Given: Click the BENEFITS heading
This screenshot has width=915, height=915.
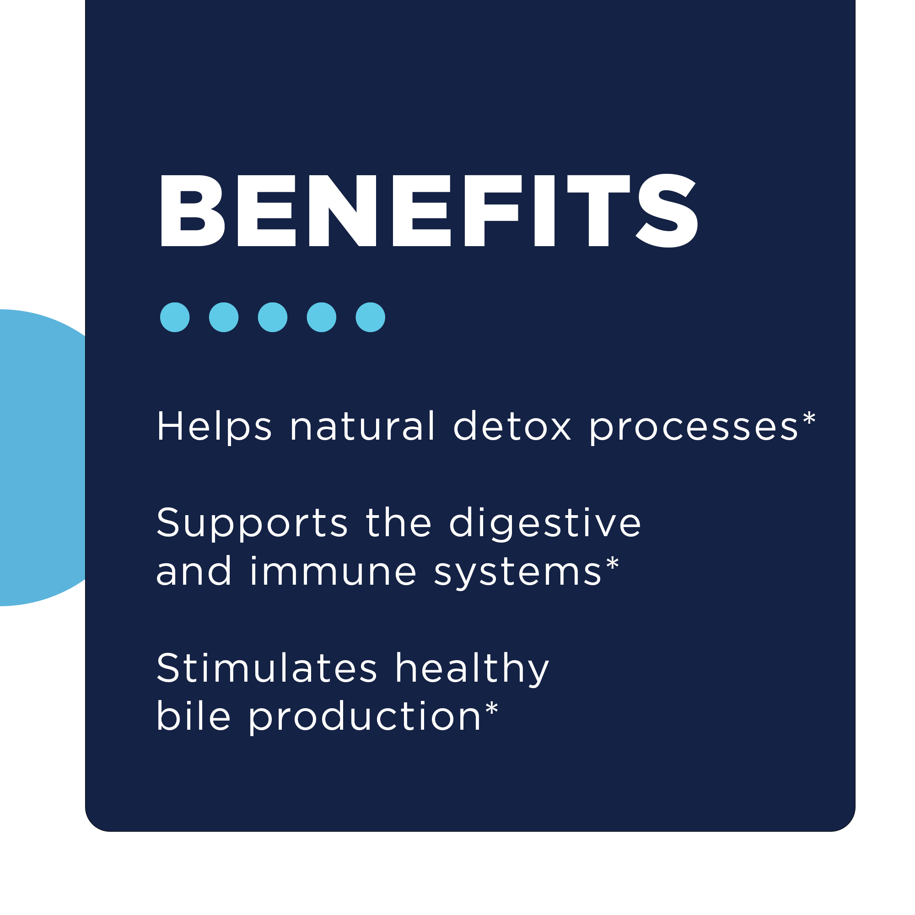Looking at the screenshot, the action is (429, 211).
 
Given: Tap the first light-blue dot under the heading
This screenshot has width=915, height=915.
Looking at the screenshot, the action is (175, 317).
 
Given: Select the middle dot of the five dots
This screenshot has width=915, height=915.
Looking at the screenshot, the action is (272, 317).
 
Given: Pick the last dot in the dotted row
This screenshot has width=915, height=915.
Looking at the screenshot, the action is (371, 317).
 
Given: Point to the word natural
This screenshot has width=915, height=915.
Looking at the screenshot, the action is (362, 426).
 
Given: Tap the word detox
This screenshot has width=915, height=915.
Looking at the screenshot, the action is (512, 426).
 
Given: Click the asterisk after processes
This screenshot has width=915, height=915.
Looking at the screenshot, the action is (809, 418).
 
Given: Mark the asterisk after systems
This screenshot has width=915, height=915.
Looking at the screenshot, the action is (613, 563).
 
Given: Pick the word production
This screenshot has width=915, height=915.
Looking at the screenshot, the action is (365, 717).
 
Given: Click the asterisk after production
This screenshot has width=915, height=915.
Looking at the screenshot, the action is (492, 708).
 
